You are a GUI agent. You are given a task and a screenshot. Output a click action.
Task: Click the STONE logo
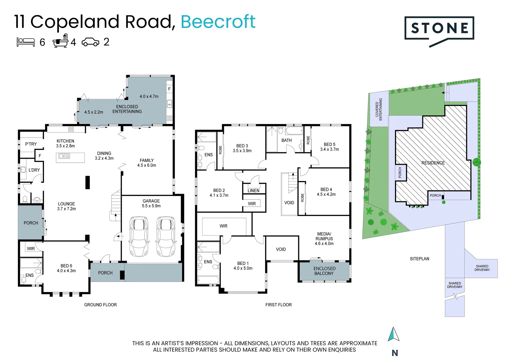439,29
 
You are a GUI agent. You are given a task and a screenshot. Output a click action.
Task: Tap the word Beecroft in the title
218,22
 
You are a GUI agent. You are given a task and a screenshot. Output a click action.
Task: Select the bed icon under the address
26,42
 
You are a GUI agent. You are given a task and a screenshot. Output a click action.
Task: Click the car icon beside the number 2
90,42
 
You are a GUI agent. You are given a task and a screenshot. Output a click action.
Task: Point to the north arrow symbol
393,334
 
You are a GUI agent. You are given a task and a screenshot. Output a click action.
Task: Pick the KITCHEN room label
65,141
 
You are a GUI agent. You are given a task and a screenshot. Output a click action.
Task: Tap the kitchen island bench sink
64,156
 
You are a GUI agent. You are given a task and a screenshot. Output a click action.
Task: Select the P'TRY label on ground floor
31,144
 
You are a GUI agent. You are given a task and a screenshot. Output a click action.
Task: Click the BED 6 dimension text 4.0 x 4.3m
66,271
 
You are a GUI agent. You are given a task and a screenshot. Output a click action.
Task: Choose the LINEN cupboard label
254,191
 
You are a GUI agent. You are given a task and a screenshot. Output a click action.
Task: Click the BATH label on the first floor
286,140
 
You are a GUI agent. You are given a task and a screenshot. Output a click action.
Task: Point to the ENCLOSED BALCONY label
324,271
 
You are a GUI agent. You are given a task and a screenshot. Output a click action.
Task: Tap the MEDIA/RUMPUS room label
324,236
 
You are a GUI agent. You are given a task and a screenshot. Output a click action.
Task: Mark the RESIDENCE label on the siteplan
433,163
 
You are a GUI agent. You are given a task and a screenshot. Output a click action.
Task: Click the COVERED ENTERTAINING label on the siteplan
379,109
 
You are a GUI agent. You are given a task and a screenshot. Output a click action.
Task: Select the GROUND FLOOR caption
100,305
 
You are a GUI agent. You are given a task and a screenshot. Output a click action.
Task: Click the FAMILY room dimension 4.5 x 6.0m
147,165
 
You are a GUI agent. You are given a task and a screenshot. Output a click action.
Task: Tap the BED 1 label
243,263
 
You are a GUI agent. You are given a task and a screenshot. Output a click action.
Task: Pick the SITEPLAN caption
419,259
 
